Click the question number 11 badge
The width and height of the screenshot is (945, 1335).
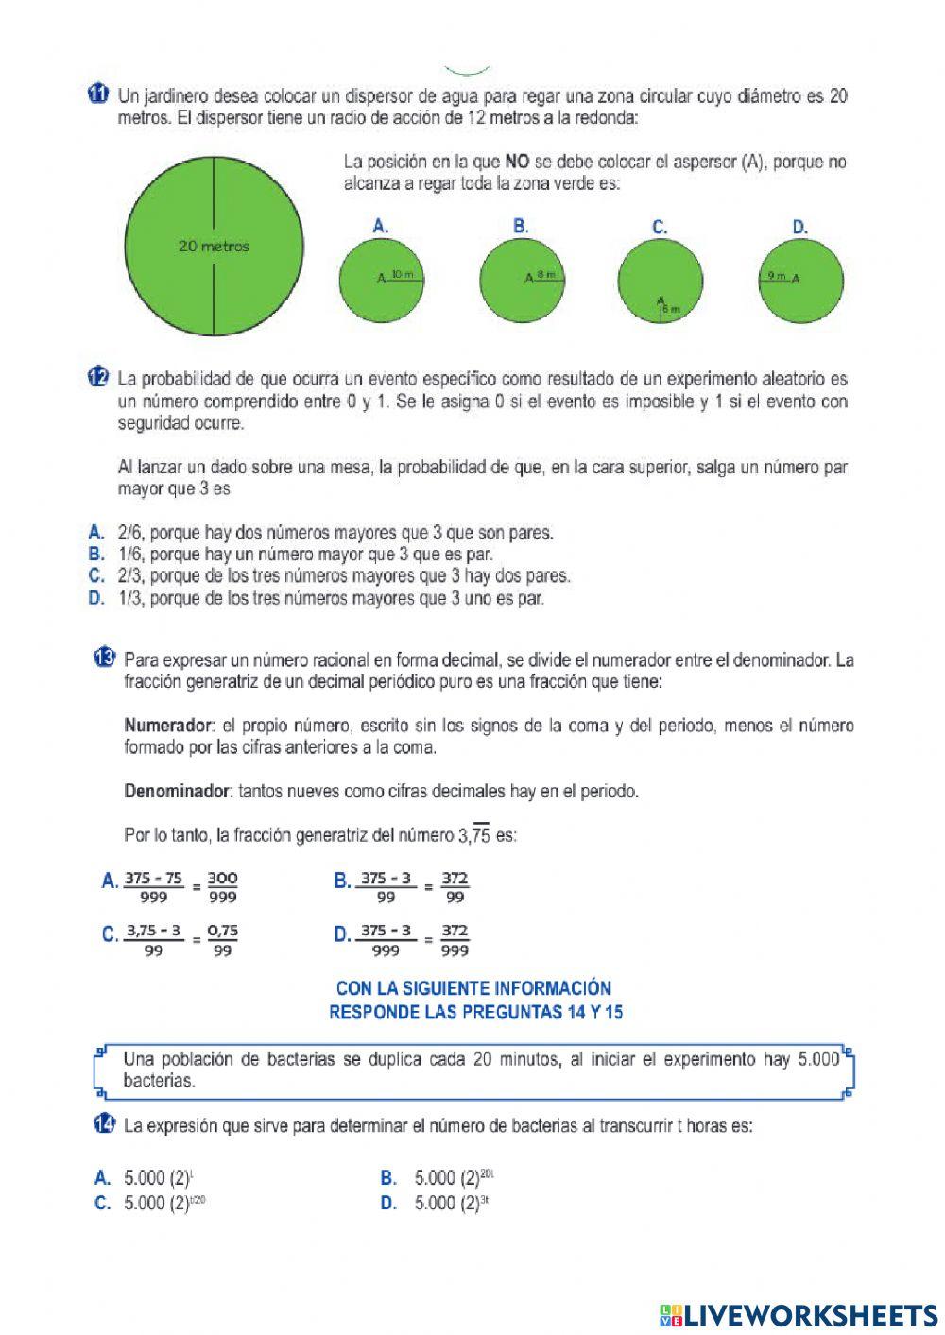click(97, 94)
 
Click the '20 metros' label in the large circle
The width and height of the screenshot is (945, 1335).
click(214, 247)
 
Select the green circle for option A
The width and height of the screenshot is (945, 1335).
click(381, 281)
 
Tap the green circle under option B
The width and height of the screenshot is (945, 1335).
click(522, 281)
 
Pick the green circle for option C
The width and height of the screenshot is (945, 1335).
click(661, 281)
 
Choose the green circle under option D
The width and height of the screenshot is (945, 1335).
click(800, 281)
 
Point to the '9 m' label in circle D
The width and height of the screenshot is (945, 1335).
click(776, 276)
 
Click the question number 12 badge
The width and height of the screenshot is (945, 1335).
click(97, 378)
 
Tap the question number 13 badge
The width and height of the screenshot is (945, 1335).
click(105, 659)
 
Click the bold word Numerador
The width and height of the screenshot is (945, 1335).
click(167, 726)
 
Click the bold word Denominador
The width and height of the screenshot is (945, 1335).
click(177, 791)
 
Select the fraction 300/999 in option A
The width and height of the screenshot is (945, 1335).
click(222, 887)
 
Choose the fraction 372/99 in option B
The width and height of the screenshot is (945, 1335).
click(455, 887)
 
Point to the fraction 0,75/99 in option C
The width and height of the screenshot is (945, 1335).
click(222, 940)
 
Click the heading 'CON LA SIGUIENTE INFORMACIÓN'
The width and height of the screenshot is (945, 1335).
click(473, 988)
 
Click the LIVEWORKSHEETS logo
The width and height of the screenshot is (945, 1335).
click(799, 1314)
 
